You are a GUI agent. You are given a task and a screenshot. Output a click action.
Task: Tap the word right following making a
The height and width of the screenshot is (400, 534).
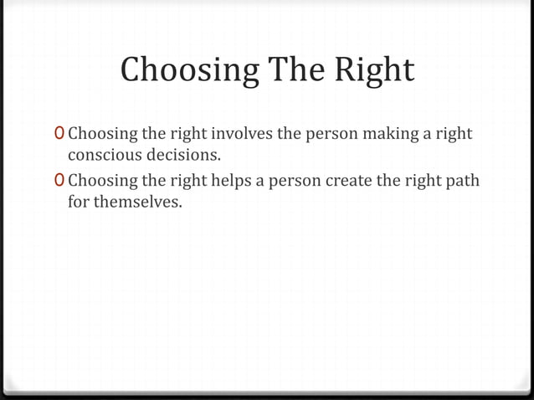453,134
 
